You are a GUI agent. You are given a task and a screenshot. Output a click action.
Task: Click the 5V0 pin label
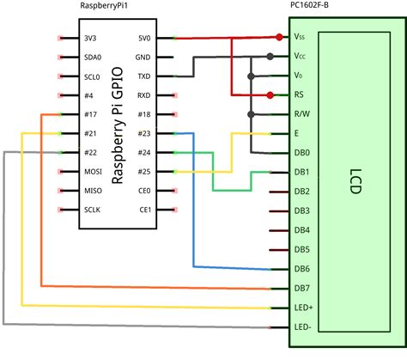pos(145,39)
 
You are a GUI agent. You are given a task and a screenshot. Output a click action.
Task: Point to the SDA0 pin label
pos(93,58)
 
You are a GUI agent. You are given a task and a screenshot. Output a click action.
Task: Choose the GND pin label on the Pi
pos(144,58)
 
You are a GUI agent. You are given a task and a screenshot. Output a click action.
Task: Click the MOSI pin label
pos(93,171)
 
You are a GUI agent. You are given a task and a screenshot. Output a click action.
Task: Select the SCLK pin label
pos(93,209)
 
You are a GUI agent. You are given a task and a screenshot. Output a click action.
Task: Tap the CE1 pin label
pos(144,209)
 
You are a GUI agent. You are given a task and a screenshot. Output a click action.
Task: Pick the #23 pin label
pos(144,133)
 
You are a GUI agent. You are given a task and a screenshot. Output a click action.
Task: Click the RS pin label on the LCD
pos(299,95)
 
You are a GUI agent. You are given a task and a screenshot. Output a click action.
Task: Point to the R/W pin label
pos(301,114)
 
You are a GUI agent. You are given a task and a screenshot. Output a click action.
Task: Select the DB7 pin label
pos(301,288)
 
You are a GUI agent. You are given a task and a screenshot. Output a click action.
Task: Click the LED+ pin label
pos(304,307)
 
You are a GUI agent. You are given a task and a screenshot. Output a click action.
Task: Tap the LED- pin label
pos(303,326)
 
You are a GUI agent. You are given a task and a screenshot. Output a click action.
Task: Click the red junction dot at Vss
pos(280,37)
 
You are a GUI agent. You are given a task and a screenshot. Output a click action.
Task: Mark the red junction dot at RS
pos(270,95)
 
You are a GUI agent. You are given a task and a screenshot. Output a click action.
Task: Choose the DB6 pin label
pos(301,269)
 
